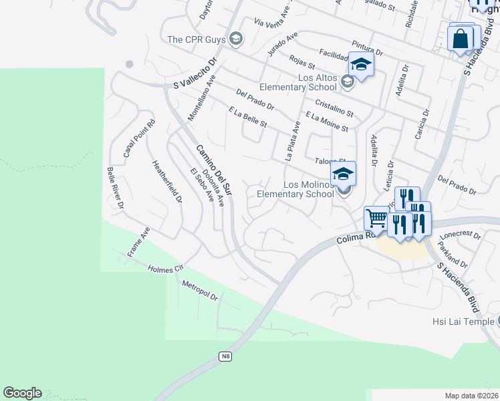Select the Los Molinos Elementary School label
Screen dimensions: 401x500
295,189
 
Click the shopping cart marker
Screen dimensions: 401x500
376,217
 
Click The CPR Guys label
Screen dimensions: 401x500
195,40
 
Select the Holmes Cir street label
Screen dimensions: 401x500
164,268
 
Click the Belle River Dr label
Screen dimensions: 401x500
115,187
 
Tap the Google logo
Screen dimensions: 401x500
22,393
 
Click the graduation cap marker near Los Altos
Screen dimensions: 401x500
361,65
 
